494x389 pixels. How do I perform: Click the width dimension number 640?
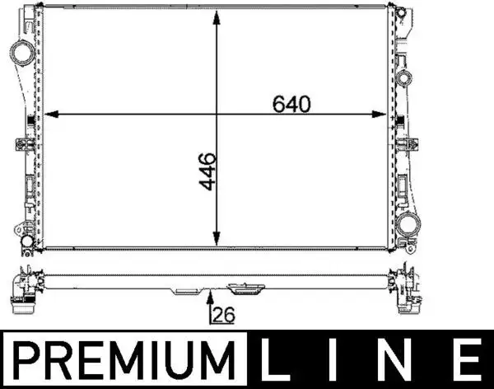coord(291,105)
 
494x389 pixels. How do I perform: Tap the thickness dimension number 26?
coord(222,315)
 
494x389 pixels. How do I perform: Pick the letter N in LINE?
coord(401,360)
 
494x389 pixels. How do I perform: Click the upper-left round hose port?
coord(20,53)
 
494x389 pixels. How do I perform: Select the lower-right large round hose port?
coord(405,223)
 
